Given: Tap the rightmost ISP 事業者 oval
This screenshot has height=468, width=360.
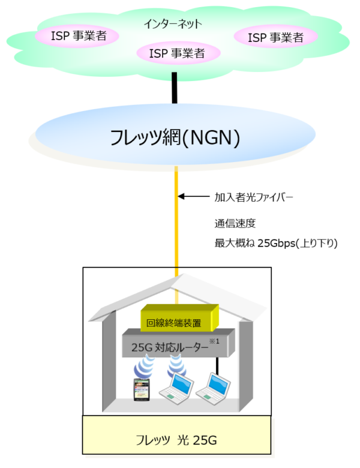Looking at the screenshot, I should point(275,38).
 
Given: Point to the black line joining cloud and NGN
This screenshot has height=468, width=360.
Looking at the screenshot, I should point(175,87).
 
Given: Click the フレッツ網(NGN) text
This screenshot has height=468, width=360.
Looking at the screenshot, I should point(175,139).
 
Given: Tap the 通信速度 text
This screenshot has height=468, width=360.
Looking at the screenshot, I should point(235,223).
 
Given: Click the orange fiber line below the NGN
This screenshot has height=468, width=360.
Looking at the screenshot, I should point(176,228).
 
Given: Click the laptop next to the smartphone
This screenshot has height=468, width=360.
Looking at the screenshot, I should point(176,388).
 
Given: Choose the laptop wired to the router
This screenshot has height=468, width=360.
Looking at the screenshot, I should point(214,388).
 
